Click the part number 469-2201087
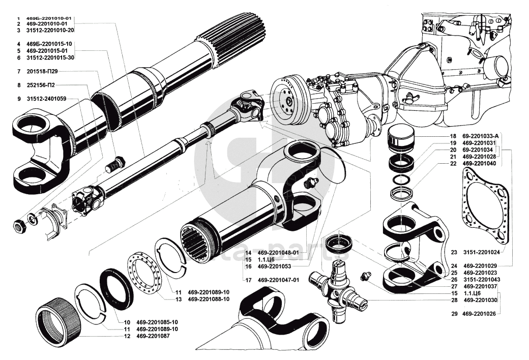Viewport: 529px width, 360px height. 154,336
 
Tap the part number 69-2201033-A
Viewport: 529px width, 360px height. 482,136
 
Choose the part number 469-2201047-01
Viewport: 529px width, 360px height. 278,280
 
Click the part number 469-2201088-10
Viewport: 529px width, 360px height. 209,299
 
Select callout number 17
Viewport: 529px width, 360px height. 248,280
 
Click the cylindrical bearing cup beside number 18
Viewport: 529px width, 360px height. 402,140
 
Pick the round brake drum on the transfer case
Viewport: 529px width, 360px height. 289,99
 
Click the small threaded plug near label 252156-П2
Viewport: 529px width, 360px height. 117,164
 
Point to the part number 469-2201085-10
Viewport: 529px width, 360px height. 157,322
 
